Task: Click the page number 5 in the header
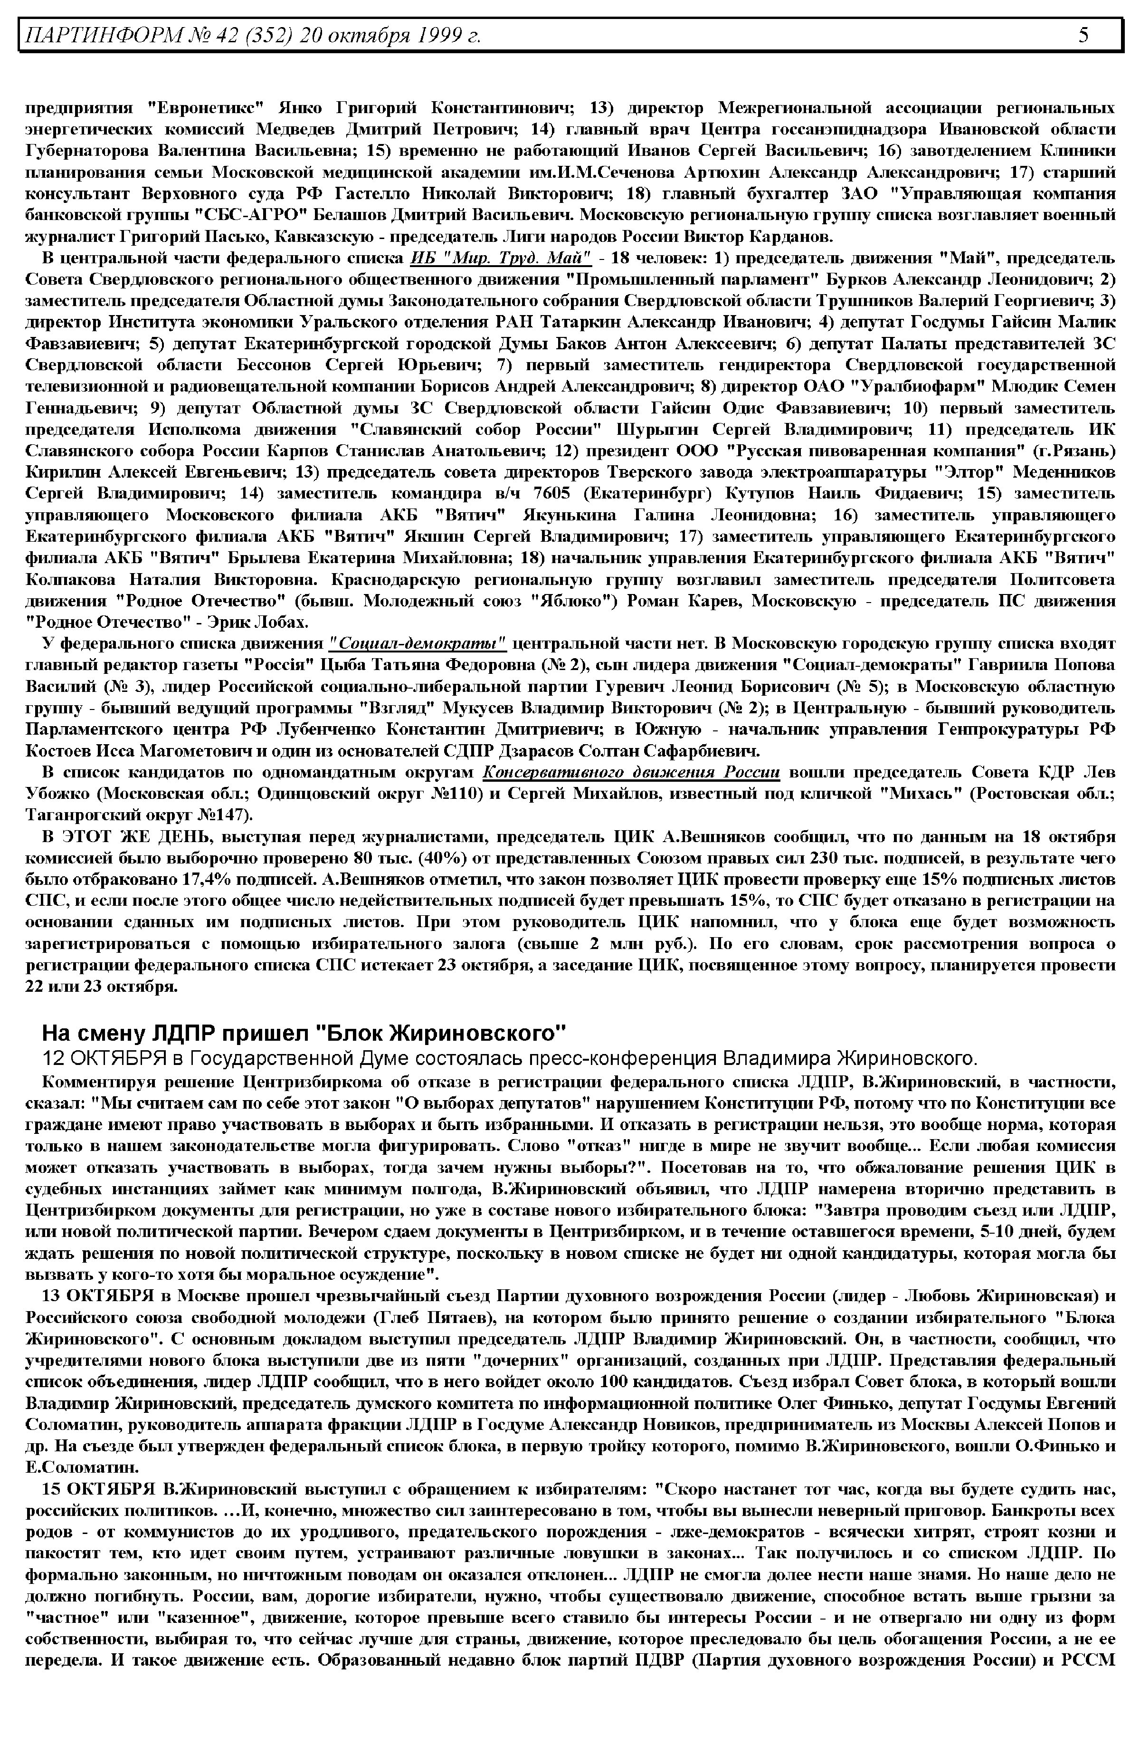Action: tap(1083, 35)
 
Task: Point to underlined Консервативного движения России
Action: tap(631, 772)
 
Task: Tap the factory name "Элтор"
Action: tap(965, 472)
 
